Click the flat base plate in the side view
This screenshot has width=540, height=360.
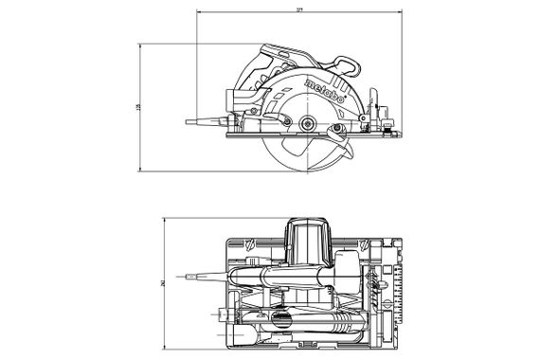pyautogui.click(x=313, y=134)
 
